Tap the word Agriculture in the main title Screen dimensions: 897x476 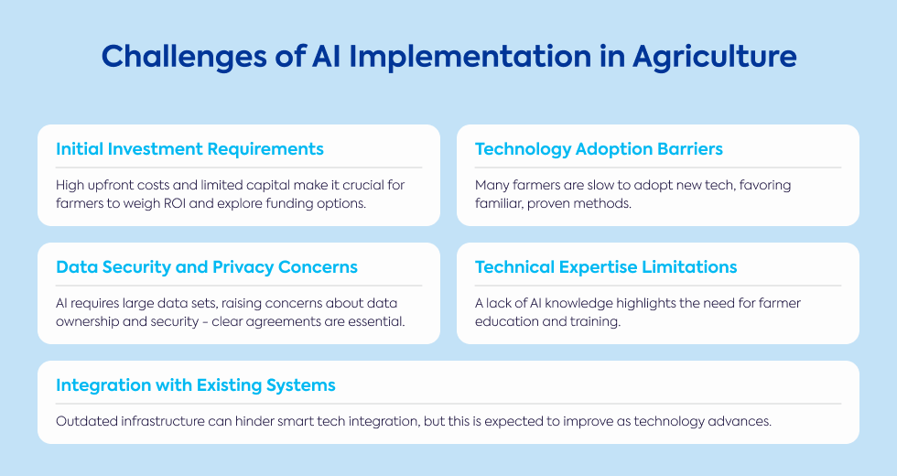[x=715, y=57]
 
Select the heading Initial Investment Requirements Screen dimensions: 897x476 [x=190, y=148]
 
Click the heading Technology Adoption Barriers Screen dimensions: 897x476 [x=599, y=149]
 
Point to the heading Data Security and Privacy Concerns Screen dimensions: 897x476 [x=207, y=267]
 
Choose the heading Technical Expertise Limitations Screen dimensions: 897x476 [x=606, y=267]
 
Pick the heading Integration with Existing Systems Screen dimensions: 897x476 [x=196, y=385]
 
